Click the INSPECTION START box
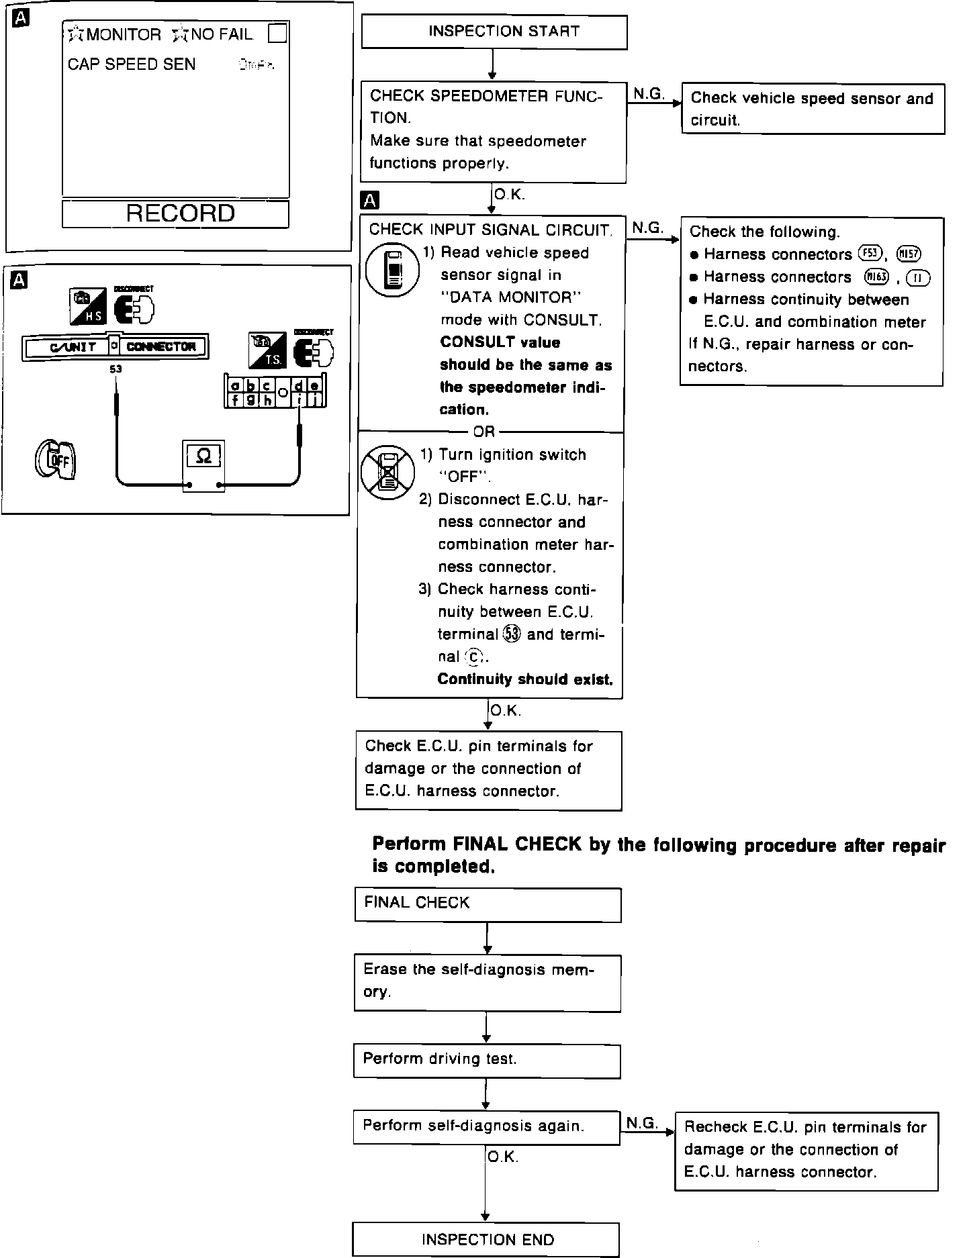[494, 32]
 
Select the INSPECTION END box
[486, 1239]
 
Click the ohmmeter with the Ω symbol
[203, 465]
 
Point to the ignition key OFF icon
[55, 461]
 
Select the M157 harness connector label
[909, 254]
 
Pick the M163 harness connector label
[876, 276]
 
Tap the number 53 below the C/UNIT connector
[116, 369]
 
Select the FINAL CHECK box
[488, 904]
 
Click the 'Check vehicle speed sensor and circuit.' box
[813, 109]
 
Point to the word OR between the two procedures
[483, 432]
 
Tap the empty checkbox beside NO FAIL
[277, 33]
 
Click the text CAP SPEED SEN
[132, 64]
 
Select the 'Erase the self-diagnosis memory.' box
[487, 983]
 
